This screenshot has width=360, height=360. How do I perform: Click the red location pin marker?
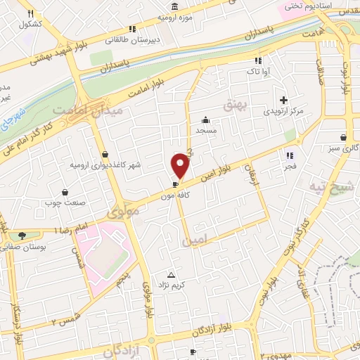pyautogui.click(x=181, y=165)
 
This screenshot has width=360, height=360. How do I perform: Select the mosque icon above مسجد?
pyautogui.click(x=205, y=119)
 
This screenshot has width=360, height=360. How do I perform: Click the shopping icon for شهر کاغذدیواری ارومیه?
pyautogui.click(x=105, y=154)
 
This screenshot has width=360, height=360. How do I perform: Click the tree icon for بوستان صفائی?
pyautogui.click(x=22, y=235)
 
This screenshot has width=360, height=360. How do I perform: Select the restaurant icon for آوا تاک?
pyautogui.click(x=258, y=60)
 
